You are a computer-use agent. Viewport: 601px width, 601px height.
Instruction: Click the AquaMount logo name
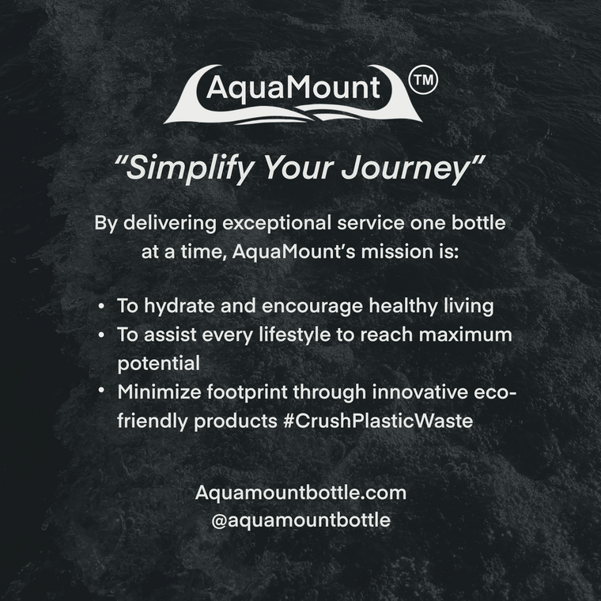point(293,88)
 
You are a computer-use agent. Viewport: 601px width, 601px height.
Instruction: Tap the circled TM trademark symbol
point(423,80)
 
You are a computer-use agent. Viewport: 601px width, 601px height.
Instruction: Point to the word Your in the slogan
point(297,168)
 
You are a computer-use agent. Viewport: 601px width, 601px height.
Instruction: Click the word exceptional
point(277,224)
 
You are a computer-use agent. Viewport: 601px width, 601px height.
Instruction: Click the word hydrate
point(180,306)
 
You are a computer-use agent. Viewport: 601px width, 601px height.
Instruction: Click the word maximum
point(465,335)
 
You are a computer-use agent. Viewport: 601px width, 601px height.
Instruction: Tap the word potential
point(159,364)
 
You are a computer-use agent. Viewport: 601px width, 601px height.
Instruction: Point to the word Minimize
point(159,391)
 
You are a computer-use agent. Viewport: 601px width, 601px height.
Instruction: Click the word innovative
point(420,391)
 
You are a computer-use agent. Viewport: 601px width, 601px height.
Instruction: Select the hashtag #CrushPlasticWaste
point(378,421)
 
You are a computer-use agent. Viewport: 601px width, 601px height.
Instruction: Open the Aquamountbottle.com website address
point(300,493)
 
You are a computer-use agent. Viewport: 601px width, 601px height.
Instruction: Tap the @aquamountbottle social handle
point(300,520)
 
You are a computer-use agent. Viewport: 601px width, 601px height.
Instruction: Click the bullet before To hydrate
point(101,307)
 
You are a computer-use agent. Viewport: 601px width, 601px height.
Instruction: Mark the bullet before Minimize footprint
point(101,390)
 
